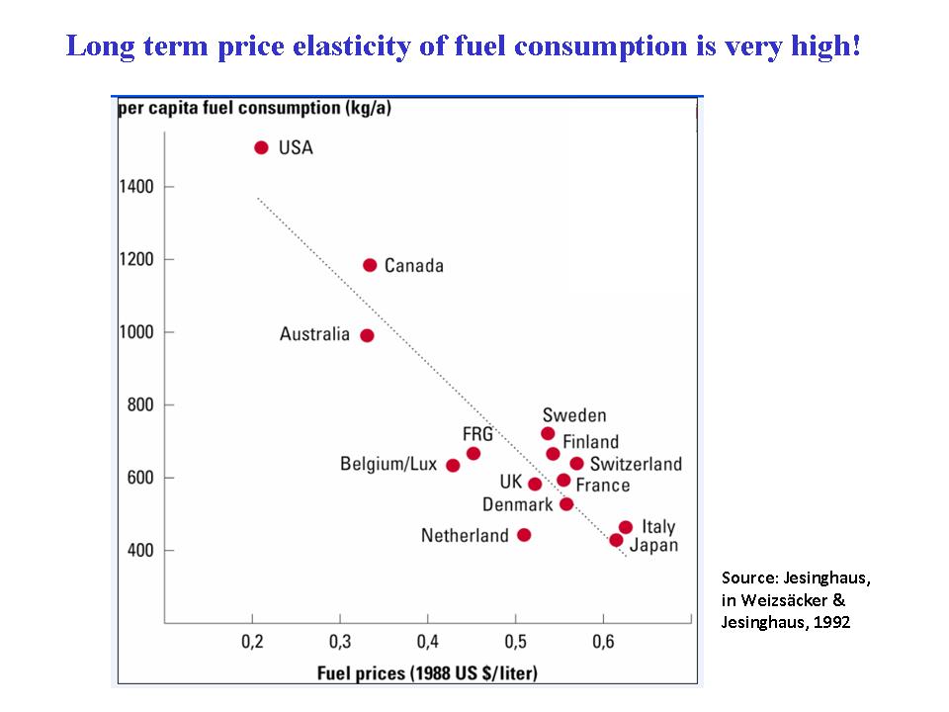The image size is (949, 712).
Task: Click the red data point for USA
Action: [x=261, y=147]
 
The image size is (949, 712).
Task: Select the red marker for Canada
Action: [x=370, y=265]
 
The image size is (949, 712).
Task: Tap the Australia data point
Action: [x=367, y=335]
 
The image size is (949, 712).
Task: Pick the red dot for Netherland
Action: [x=524, y=535]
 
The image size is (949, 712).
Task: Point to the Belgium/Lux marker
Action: [x=453, y=465]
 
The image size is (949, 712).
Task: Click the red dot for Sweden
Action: [x=548, y=433]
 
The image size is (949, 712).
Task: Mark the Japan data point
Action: [x=616, y=540]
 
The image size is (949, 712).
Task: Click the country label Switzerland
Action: [x=636, y=464]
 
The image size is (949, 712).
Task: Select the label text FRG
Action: [x=477, y=433]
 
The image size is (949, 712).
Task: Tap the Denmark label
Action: [x=517, y=505]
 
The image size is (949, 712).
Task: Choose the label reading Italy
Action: [x=658, y=526]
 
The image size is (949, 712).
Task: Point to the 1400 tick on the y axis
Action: [x=136, y=187]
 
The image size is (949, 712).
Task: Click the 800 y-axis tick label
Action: [x=141, y=404]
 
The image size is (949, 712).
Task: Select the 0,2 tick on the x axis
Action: [x=252, y=644]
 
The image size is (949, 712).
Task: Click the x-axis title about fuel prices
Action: [x=427, y=673]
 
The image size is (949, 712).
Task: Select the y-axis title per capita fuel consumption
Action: [x=254, y=108]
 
